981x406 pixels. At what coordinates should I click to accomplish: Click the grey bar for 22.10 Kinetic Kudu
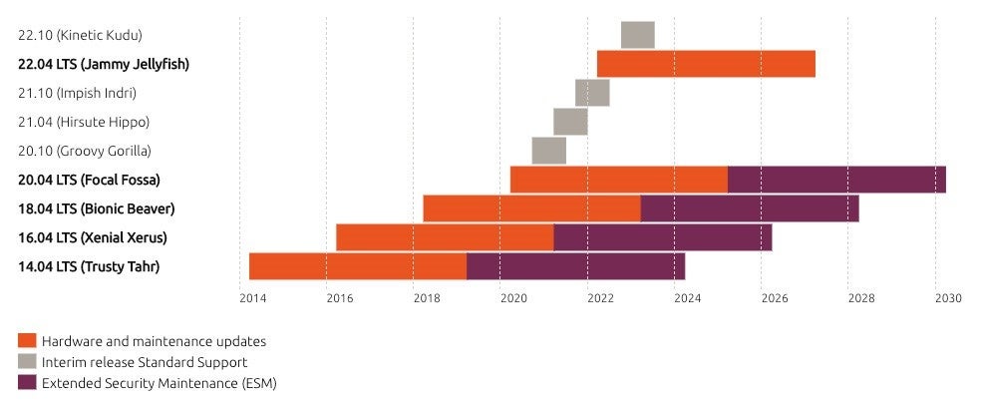coord(637,34)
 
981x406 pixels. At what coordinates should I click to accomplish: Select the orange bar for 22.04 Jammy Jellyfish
coord(706,63)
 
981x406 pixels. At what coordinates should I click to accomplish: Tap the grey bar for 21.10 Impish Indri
coord(592,93)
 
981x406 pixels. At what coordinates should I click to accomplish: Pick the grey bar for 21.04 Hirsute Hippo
coord(570,122)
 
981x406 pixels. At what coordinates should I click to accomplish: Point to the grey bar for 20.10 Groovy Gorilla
coord(548,151)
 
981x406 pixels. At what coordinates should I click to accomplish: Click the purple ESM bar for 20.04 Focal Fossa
coord(836,180)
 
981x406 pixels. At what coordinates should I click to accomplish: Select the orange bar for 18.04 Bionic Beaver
coord(531,208)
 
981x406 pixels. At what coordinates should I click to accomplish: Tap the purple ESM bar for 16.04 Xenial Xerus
coord(662,237)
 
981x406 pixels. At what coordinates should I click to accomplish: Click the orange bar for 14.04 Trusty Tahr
coord(358,266)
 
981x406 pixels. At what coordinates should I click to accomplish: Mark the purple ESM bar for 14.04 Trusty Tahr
coord(575,266)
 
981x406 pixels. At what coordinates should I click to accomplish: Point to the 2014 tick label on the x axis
coord(252,297)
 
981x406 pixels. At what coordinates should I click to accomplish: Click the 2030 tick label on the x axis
coord(947,297)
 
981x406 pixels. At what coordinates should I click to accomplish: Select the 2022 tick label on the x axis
coord(600,297)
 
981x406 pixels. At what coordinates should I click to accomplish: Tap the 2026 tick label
coord(774,297)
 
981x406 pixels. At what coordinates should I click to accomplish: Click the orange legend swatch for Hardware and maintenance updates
coord(27,340)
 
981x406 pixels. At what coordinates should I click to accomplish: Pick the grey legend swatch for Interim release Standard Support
coord(27,361)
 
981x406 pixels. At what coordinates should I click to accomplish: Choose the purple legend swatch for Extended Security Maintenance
coord(27,382)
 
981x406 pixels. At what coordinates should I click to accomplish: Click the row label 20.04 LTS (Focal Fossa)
coord(89,180)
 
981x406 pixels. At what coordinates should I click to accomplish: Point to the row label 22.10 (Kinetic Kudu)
coord(80,35)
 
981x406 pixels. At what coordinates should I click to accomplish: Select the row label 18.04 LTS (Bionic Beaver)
coord(96,208)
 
